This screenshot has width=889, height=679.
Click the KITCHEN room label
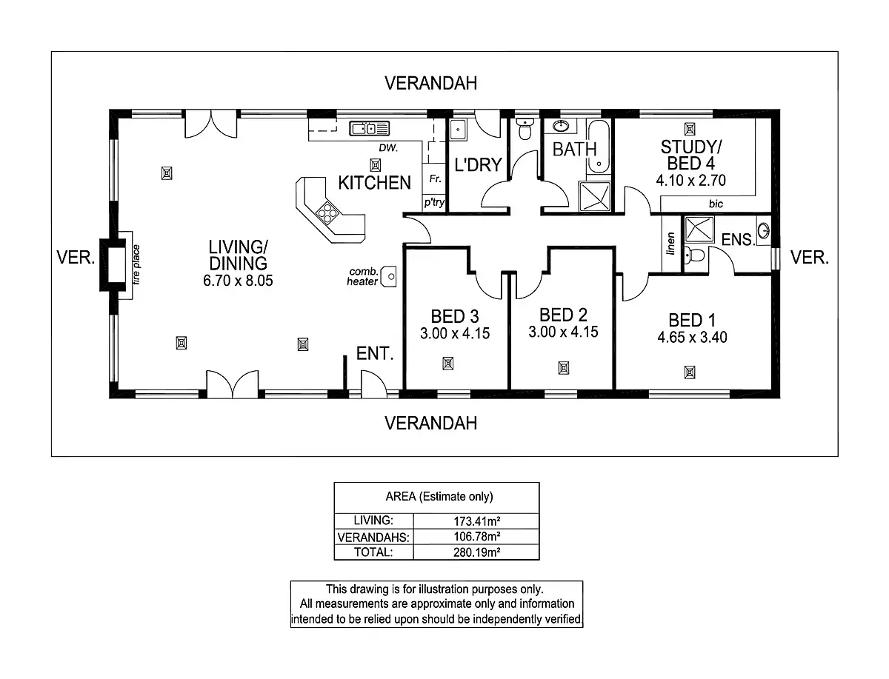(374, 182)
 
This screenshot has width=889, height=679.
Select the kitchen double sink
(369, 129)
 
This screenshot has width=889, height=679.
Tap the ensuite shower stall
(697, 230)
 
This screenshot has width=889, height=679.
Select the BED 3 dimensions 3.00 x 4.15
(454, 334)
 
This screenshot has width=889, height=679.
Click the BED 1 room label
(691, 321)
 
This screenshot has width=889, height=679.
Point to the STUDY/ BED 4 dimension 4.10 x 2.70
(690, 180)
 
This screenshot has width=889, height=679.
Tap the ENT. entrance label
(374, 354)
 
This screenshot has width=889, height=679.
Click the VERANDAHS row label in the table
(373, 537)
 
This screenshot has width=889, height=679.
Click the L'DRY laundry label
(478, 165)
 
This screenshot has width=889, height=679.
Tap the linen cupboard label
(671, 244)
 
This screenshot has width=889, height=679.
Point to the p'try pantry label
(434, 202)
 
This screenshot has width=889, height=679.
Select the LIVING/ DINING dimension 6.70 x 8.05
(237, 281)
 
